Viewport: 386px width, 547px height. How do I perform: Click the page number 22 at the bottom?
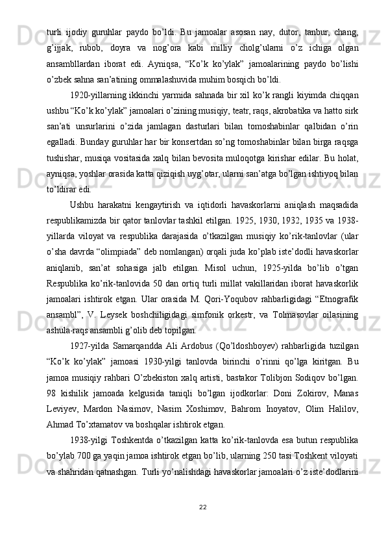point(193,507)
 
